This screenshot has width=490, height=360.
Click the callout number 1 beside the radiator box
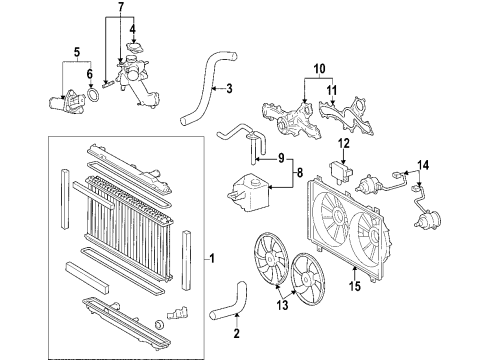point(212,258)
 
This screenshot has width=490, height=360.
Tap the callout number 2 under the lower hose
point(236,333)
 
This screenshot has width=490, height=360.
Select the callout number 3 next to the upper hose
point(229,89)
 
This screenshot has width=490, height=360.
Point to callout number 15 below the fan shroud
point(355,286)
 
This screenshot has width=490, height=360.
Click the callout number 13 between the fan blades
point(282,305)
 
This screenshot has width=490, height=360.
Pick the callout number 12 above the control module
point(344,144)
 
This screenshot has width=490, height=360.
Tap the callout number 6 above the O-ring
point(90,74)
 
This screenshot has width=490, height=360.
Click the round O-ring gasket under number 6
point(93,95)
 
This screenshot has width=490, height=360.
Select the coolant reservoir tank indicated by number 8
point(249,192)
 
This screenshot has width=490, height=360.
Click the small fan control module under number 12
point(341,171)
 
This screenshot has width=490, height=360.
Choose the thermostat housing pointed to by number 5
point(67,102)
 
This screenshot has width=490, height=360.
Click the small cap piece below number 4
point(135,48)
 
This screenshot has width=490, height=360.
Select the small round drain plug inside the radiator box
point(160,325)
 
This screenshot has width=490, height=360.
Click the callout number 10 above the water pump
point(319,69)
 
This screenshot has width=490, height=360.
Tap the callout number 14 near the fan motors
point(423,165)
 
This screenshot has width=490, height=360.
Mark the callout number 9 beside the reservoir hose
point(281,158)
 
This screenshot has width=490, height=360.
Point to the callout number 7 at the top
point(121,7)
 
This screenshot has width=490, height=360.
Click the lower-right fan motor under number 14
point(427,220)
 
